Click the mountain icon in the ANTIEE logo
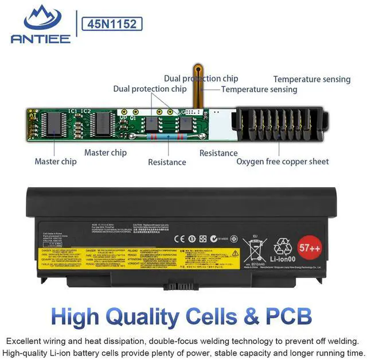coord(40,20)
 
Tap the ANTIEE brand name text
coord(40,38)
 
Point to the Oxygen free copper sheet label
coord(283,161)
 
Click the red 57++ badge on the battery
coord(310,247)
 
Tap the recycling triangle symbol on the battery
coord(282,247)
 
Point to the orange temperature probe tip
coord(198,68)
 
